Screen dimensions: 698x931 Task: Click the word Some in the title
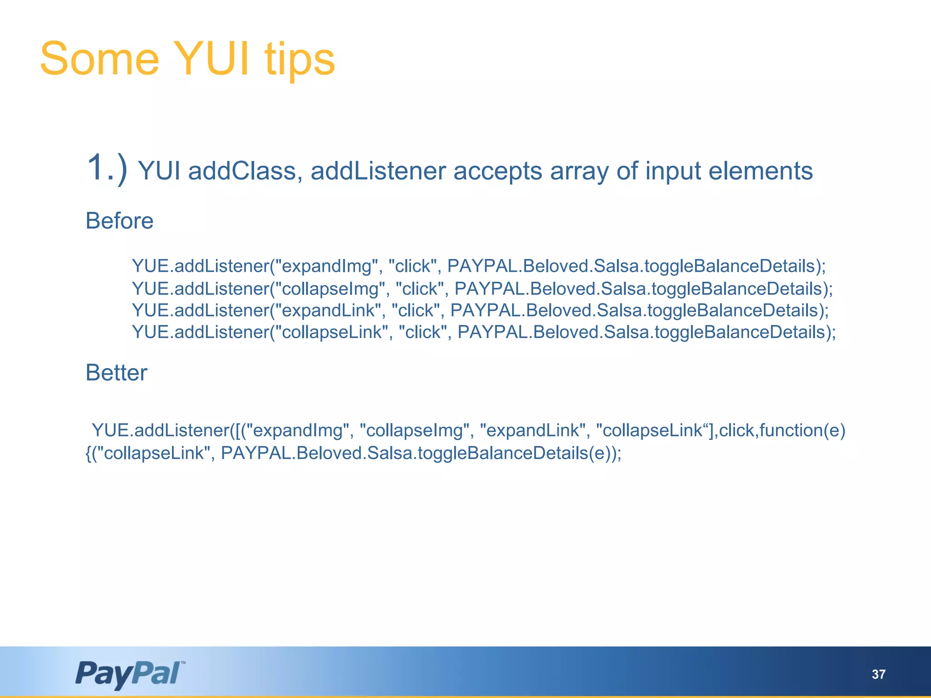(x=99, y=59)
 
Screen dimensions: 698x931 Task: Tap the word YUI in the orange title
(x=211, y=59)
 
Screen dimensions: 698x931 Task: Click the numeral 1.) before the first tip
(x=107, y=168)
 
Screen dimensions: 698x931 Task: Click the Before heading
(x=120, y=221)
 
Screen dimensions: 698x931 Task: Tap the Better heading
(x=116, y=373)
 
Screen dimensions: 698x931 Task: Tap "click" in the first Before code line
(x=413, y=266)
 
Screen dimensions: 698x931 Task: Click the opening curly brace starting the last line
(x=88, y=453)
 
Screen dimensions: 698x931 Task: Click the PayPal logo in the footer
(x=129, y=673)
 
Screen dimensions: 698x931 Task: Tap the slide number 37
(x=879, y=674)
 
